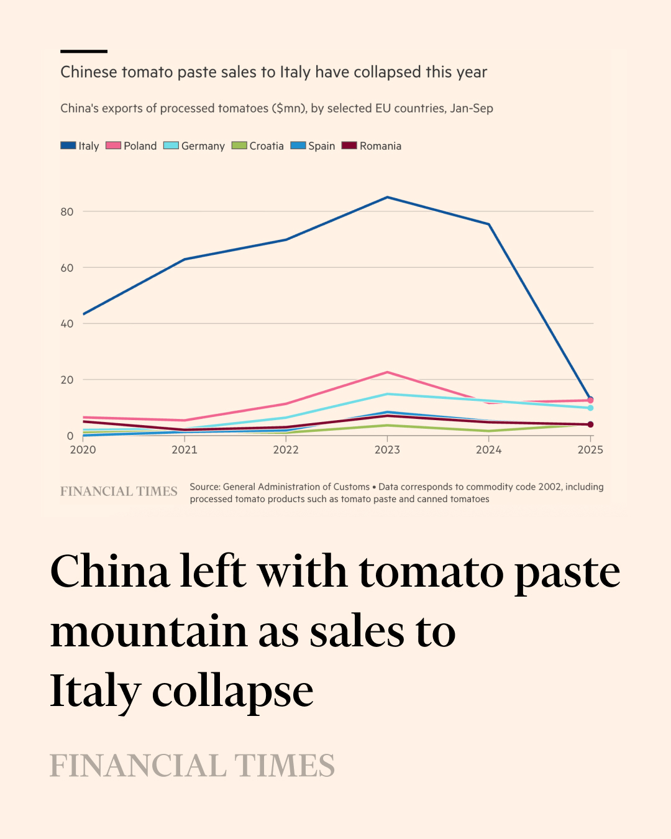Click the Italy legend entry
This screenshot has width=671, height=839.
(80, 146)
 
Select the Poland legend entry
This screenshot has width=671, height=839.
(132, 146)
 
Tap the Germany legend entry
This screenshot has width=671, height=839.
(194, 146)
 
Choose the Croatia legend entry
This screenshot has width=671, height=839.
(258, 146)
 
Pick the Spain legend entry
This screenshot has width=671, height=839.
(314, 146)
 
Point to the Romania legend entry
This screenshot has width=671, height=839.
(372, 146)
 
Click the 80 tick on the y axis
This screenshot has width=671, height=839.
(67, 212)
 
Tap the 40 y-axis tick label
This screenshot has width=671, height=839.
(67, 324)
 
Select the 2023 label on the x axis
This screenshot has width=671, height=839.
(387, 450)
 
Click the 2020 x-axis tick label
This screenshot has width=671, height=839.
(83, 450)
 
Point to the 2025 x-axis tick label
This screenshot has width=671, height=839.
(590, 450)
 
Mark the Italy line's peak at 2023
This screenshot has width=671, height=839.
(388, 197)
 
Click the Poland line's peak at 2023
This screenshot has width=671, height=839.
(388, 372)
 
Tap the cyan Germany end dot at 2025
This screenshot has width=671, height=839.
(590, 408)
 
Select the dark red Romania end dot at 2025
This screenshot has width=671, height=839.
(590, 424)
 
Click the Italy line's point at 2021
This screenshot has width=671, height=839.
(185, 259)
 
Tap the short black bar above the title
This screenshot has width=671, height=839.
(84, 51)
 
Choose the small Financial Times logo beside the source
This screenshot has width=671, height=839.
(119, 492)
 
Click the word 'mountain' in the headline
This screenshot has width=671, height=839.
(149, 631)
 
